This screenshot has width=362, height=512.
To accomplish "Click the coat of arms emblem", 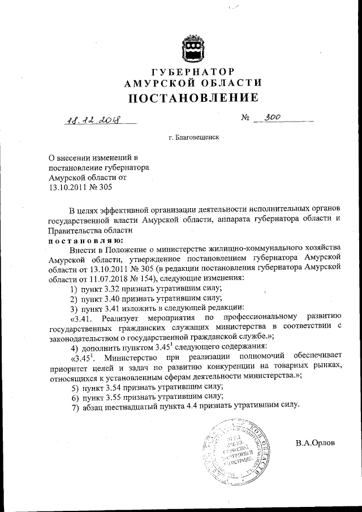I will pos(192,50).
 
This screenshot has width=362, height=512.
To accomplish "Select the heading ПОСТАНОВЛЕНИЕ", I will pos(192,98).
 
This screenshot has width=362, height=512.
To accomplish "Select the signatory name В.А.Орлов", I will pos(315,442).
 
